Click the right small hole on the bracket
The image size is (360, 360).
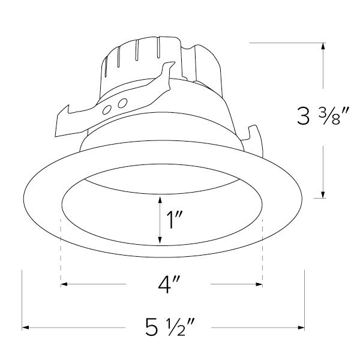coord(122,103)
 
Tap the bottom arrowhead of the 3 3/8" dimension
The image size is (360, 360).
coord(323,193)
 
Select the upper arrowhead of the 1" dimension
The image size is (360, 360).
coord(160,200)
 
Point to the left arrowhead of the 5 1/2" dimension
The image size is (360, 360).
coord(26,328)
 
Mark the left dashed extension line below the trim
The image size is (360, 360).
coord(61,252)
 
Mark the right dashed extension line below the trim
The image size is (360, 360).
coord(263,252)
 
